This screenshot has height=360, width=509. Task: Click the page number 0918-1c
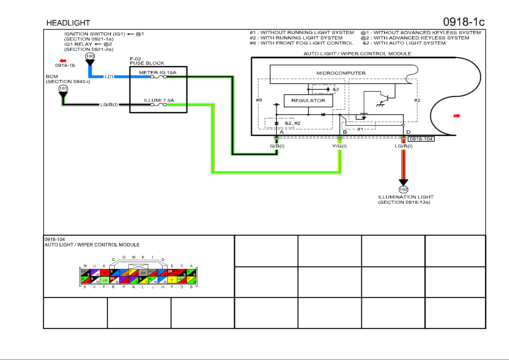(x=463, y=22)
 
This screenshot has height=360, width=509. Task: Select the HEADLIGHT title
(x=68, y=23)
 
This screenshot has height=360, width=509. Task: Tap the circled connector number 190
(x=90, y=56)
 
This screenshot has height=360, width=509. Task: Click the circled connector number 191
(x=63, y=88)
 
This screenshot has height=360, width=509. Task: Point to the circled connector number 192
(x=403, y=189)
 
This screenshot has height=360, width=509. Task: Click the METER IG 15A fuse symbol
(x=158, y=77)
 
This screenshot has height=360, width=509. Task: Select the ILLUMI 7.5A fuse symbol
(x=158, y=104)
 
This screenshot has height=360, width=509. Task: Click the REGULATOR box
(x=308, y=101)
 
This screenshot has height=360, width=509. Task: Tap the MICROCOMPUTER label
(x=341, y=73)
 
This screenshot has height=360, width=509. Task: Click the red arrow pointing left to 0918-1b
(x=63, y=61)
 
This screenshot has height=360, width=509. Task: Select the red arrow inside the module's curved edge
(x=457, y=116)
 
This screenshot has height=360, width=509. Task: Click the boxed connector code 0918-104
(x=421, y=139)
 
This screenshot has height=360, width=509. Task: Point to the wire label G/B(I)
(x=277, y=146)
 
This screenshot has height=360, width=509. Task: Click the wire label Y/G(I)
(x=339, y=146)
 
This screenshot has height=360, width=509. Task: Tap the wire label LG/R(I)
(x=404, y=146)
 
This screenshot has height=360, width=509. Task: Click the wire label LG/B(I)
(x=109, y=105)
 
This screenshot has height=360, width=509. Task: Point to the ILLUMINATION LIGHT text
(x=406, y=197)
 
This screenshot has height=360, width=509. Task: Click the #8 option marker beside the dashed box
(x=259, y=100)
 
